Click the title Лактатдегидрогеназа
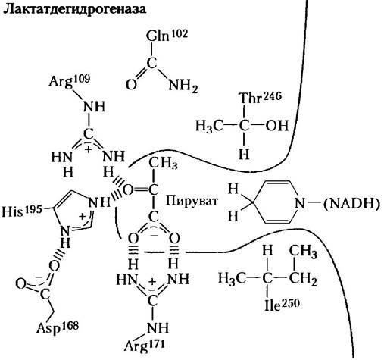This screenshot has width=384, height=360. tap(74, 9)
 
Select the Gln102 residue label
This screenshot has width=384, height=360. tap(167, 36)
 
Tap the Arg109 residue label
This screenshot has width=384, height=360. tap(70, 81)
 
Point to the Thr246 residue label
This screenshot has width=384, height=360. tap(260, 98)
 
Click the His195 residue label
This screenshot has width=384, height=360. tap(22, 211)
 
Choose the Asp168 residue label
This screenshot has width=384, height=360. tap(58, 327)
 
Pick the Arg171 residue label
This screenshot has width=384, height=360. tap(144, 345)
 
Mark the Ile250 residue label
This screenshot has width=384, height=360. tap(282, 305)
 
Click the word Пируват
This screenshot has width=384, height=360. tap(192, 202)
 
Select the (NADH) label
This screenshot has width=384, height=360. tap(351, 204)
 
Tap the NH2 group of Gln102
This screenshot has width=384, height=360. tap(183, 85)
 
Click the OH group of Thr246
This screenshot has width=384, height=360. tap(276, 126)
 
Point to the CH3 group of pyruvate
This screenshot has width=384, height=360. tap(163, 163)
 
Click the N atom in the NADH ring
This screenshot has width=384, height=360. tap(300, 203)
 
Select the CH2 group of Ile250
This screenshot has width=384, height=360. tap(303, 279)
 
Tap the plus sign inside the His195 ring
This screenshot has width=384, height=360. tap(83, 216)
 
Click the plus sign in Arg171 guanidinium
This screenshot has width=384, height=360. tap(151, 282)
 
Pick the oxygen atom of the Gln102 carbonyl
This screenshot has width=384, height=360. tap(131, 85)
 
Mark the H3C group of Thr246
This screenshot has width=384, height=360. tap(210, 126)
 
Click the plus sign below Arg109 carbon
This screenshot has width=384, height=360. tap(88, 149)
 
